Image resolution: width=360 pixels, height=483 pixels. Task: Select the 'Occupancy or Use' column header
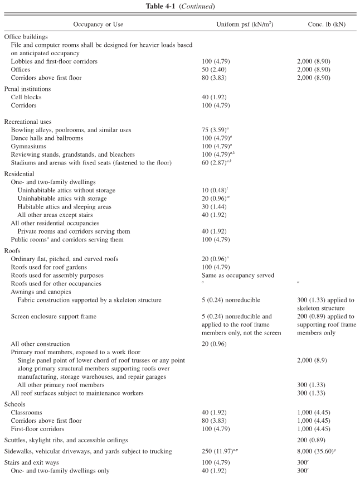(98, 25)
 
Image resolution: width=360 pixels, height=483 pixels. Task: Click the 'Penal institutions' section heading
(28, 88)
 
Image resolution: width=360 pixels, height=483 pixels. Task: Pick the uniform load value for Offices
(215, 69)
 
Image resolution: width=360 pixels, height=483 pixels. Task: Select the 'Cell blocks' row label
(27, 96)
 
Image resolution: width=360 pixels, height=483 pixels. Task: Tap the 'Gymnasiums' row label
(29, 146)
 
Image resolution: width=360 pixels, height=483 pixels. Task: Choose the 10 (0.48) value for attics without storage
(217, 190)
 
